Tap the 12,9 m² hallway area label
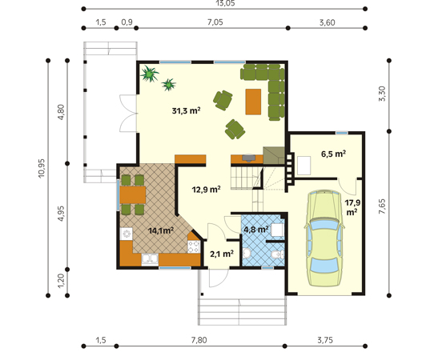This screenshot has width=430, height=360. coord(206,190)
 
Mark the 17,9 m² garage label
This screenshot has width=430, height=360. coord(352,208)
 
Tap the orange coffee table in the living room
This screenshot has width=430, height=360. coord(253,101)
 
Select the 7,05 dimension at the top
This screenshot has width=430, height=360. coord(215,22)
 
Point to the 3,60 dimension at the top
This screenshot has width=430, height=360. coord(327,22)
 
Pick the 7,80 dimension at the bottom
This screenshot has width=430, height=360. coord(199,340)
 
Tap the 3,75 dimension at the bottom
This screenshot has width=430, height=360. coord(324,340)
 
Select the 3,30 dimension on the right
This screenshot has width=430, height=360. coord(382,93)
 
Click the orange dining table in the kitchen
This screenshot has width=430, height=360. coord(132,194)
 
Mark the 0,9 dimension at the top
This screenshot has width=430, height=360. coord(127,22)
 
